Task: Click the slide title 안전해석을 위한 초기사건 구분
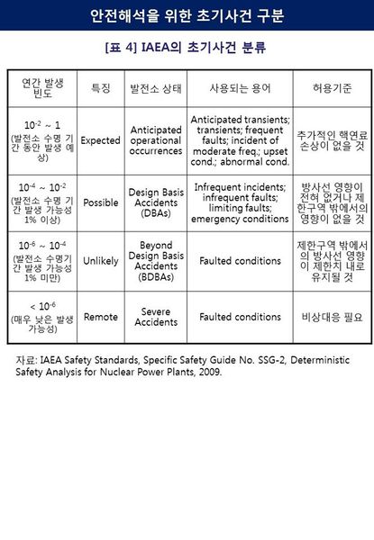(187, 14)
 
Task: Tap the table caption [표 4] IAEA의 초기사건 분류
(187, 45)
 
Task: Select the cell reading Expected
(101, 141)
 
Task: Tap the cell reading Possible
(101, 202)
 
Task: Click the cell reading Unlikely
(101, 261)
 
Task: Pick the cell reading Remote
(101, 317)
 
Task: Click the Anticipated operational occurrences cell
(155, 141)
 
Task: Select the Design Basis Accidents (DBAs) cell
(155, 202)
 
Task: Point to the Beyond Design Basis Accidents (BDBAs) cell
(155, 261)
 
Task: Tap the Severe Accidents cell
(155, 317)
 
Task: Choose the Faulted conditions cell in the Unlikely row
(240, 261)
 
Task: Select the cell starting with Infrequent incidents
(240, 202)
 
